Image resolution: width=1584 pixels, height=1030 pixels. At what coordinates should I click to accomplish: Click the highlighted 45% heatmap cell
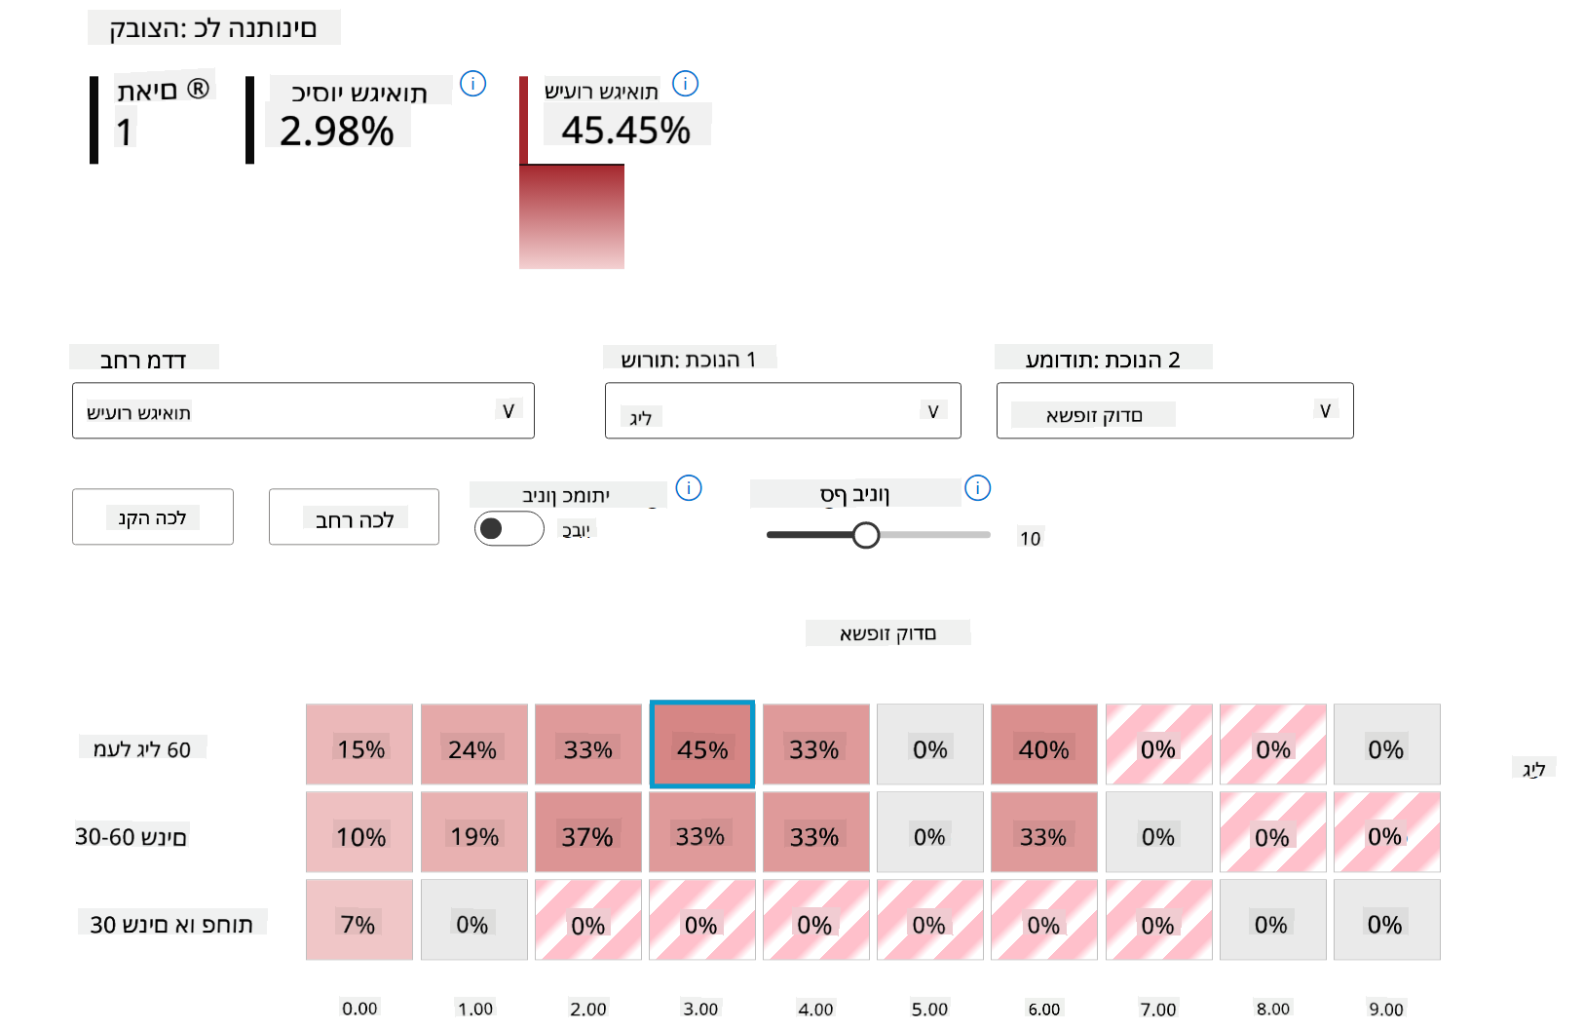tap(701, 744)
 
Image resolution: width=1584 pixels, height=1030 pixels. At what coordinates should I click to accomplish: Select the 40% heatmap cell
tap(1043, 744)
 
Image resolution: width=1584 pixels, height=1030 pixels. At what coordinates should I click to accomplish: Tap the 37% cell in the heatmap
tap(587, 832)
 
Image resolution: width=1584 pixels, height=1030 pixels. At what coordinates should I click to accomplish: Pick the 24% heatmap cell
tap(473, 744)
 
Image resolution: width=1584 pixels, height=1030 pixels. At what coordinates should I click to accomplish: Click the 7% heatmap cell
tap(359, 920)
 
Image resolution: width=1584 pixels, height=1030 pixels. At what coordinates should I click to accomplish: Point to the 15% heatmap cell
tap(359, 744)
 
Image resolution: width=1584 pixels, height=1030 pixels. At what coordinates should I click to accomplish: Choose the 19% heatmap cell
tap(473, 832)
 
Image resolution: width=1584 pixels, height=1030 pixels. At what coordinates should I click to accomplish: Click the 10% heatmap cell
tap(359, 832)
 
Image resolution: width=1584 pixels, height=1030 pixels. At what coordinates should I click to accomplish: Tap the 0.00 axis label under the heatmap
tap(359, 1009)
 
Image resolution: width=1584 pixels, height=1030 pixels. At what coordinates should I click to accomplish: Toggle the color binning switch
tap(509, 528)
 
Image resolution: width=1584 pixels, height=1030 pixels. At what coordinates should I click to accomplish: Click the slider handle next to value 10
tap(865, 535)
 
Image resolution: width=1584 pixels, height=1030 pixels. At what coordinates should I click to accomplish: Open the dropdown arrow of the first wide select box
tap(508, 411)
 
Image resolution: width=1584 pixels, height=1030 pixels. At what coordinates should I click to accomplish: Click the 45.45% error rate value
tap(625, 130)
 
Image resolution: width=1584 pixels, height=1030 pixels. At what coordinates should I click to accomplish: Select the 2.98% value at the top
tap(337, 131)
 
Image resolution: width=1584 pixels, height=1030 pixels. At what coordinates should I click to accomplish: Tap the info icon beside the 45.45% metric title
tap(685, 84)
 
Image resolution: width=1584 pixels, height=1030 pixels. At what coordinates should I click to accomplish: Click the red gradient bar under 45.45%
tap(572, 216)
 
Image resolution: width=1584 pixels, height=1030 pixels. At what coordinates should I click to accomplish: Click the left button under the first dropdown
tap(153, 516)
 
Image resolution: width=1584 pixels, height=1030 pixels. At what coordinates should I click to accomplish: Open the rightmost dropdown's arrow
tap(1325, 411)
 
